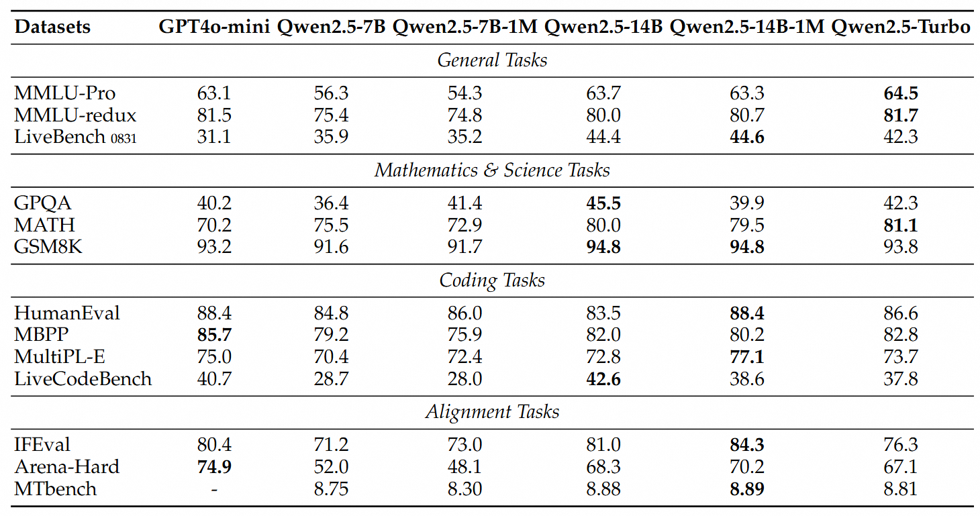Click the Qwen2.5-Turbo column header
[x=900, y=27]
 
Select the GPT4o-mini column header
[x=214, y=27]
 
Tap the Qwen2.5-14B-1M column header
[x=747, y=27]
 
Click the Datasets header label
[x=52, y=27]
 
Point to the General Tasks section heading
[x=492, y=60]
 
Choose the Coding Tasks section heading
[x=492, y=280]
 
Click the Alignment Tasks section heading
[x=492, y=411]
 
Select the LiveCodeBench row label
[x=83, y=378]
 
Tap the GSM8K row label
[x=48, y=247]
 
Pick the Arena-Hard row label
[x=67, y=466]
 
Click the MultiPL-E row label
[x=60, y=357]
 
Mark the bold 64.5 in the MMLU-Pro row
[x=901, y=93]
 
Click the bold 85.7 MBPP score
[x=214, y=335]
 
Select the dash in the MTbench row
[x=214, y=490]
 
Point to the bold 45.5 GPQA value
[x=603, y=203]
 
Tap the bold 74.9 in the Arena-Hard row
[x=214, y=467]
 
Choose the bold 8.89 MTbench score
[x=747, y=489]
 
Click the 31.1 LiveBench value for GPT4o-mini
[x=214, y=137]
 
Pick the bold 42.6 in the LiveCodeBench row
[x=603, y=378]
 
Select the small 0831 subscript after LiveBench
[x=124, y=139]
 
